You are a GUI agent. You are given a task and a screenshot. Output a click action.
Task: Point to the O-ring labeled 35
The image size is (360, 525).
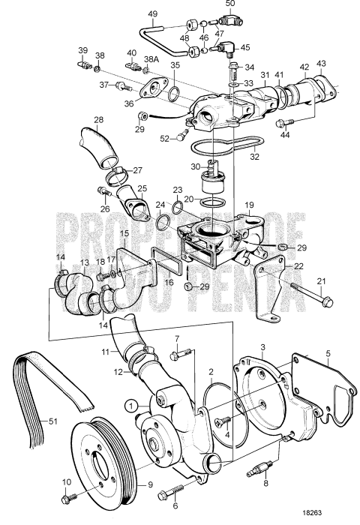point(174,94)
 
